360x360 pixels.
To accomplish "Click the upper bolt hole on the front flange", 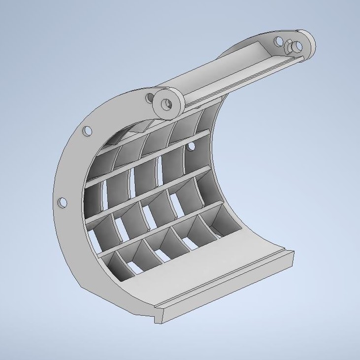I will click(x=87, y=131).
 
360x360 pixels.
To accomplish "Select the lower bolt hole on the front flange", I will click(x=62, y=202).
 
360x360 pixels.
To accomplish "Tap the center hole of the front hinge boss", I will click(x=168, y=104).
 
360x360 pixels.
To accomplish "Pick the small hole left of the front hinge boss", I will click(x=149, y=98).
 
